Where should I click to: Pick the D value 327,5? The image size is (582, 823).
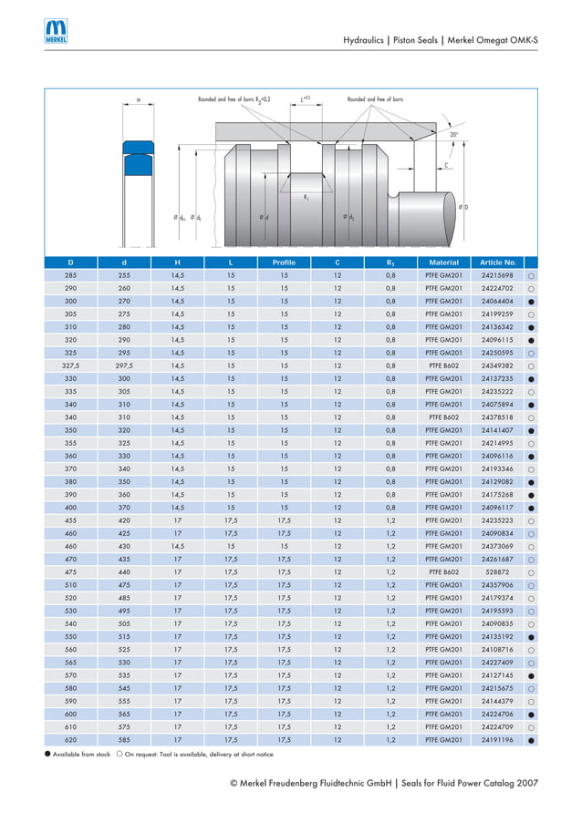[x=70, y=365]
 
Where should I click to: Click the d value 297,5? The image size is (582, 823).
[x=124, y=365]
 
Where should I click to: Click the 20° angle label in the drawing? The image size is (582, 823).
[x=453, y=135]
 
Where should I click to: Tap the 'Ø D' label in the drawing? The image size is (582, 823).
[x=463, y=208]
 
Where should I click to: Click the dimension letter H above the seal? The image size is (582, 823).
[x=139, y=99]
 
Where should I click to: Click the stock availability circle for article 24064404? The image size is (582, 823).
[x=530, y=301]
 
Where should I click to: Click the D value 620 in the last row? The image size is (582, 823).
[x=70, y=740]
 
